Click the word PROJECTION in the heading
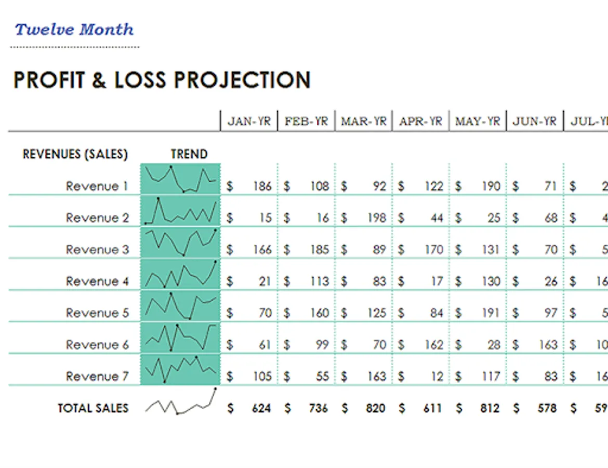pyautogui.click(x=242, y=81)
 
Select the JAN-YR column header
pyautogui.click(x=249, y=122)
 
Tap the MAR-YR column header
pyautogui.click(x=364, y=122)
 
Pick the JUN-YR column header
pyautogui.click(x=535, y=122)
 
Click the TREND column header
pyautogui.click(x=189, y=154)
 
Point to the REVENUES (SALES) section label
pyautogui.click(x=75, y=154)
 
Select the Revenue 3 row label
pyautogui.click(x=97, y=250)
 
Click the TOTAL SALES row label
pyautogui.click(x=93, y=408)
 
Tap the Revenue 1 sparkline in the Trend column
pyautogui.click(x=180, y=179)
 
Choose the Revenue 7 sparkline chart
pyautogui.click(x=180, y=369)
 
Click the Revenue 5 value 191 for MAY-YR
pyautogui.click(x=490, y=313)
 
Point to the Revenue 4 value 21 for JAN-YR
pyautogui.click(x=265, y=281)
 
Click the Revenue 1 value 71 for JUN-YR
pyautogui.click(x=550, y=186)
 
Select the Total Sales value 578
pyautogui.click(x=547, y=409)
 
